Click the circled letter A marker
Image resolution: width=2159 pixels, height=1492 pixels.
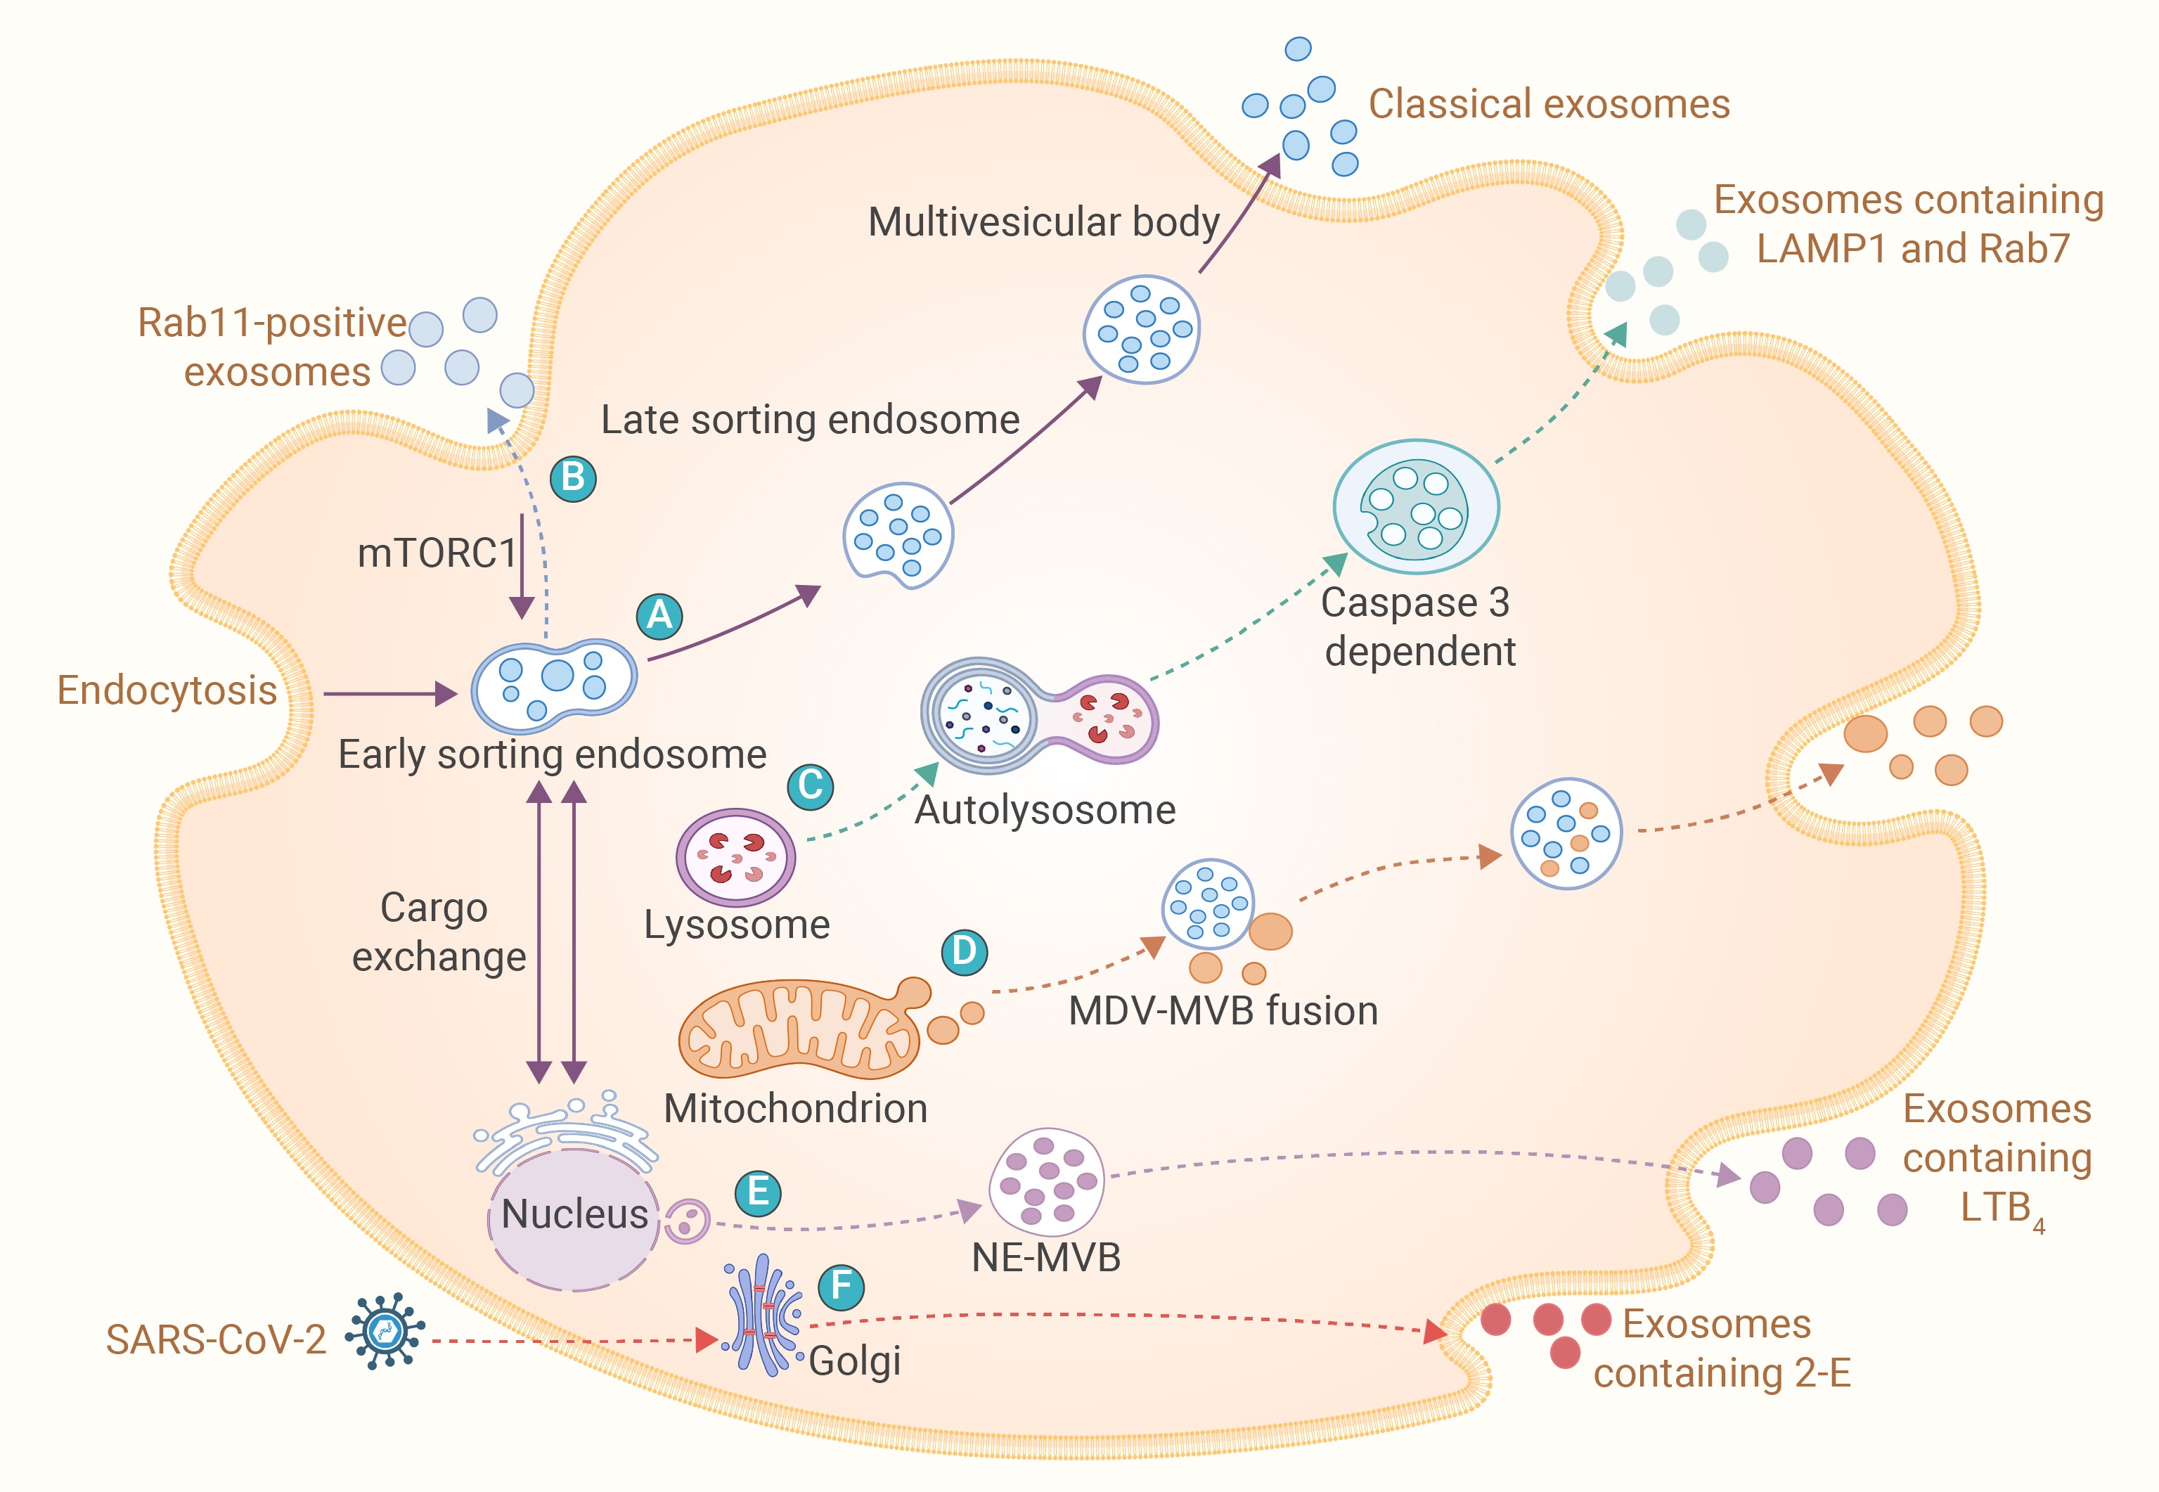point(659,616)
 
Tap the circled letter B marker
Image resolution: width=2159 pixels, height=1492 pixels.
point(573,479)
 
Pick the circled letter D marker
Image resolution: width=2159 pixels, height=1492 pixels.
point(964,952)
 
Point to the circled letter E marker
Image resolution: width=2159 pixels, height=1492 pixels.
point(758,1193)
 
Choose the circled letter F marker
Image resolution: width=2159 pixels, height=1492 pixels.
point(841,1287)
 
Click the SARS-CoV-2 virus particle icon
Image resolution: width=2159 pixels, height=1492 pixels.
point(384,1331)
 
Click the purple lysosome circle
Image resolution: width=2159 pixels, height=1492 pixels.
point(735,857)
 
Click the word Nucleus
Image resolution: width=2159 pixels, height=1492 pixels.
point(574,1214)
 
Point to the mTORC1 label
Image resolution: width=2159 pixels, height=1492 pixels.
point(437,553)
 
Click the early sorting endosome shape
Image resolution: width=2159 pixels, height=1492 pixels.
point(553,686)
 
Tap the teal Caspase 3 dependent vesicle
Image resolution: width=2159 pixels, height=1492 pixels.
point(1415,507)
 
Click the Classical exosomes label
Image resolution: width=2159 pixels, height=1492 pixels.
point(1549,104)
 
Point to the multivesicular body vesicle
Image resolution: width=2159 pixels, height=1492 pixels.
point(1141,329)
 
